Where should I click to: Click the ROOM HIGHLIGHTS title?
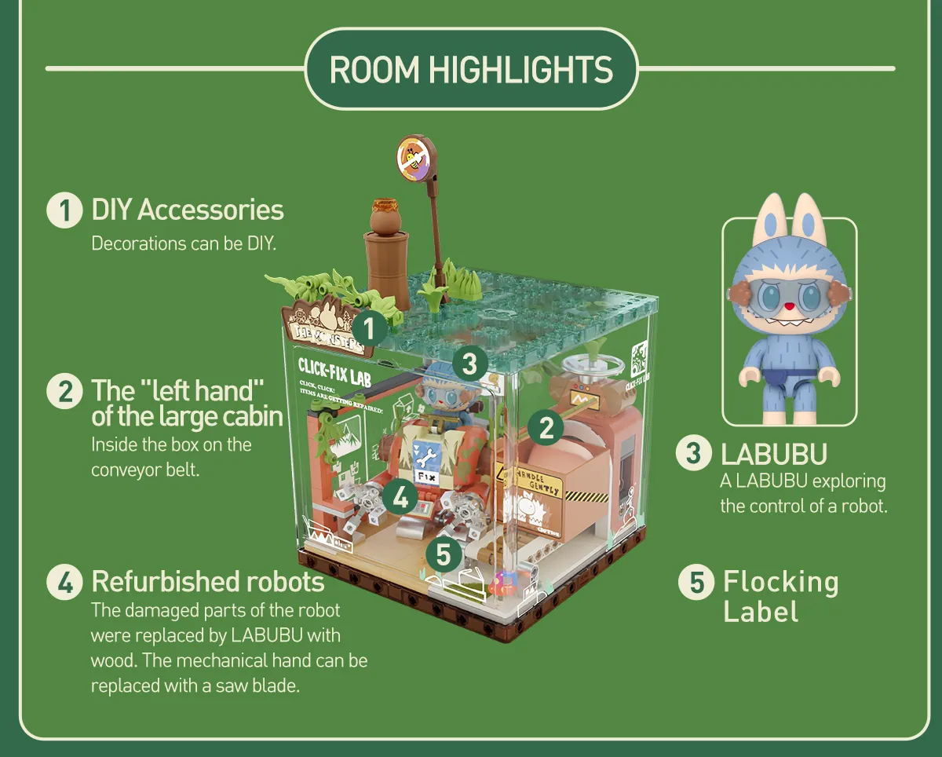471,69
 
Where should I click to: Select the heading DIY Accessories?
188,210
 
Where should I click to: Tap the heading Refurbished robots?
208,582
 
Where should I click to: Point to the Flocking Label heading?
780,596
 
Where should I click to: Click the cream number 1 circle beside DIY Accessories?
64,211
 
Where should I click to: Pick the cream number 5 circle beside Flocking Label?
696,583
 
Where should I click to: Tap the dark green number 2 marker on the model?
546,427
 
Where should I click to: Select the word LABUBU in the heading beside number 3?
774,455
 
